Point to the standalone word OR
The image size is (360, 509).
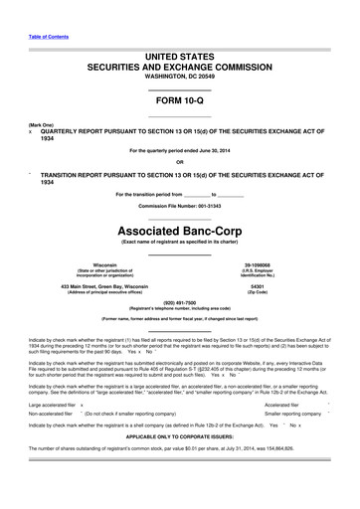(179, 163)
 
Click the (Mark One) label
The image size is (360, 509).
(42, 125)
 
